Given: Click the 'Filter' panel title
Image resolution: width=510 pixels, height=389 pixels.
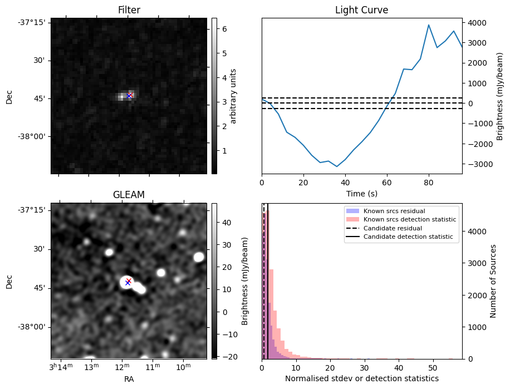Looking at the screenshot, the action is click(x=129, y=10).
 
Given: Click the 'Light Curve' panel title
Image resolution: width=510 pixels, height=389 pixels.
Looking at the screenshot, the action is click(x=362, y=10).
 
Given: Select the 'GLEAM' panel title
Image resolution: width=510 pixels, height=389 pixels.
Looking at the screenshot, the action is click(x=129, y=195).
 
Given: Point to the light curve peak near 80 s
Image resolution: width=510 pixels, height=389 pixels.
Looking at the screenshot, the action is click(x=429, y=24).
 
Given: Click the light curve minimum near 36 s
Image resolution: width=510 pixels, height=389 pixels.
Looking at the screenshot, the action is click(x=337, y=166).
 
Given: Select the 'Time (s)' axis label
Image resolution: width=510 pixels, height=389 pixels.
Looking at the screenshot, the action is click(x=362, y=194).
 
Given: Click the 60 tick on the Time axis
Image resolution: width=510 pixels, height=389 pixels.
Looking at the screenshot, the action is click(x=387, y=183).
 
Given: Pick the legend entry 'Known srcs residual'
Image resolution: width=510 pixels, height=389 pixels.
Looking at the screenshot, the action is click(x=394, y=211).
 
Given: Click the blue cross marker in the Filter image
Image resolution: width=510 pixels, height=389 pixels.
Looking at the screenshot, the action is click(x=129, y=96).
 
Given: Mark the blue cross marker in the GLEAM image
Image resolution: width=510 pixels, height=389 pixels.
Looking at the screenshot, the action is click(x=128, y=283).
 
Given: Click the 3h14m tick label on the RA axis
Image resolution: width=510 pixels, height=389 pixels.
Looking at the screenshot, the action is click(x=61, y=367).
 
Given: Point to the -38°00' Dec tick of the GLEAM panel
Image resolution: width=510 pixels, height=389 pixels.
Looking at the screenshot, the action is click(x=34, y=327).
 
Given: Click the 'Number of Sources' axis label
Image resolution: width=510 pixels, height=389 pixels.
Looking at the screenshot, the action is click(x=493, y=281).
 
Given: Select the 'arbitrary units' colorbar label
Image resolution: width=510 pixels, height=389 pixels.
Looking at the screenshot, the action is click(x=233, y=96).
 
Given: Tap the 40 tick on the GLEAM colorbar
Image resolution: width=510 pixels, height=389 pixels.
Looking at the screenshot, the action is click(x=227, y=223).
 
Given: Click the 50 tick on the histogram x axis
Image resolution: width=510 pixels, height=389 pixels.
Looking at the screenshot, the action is click(x=433, y=368).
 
